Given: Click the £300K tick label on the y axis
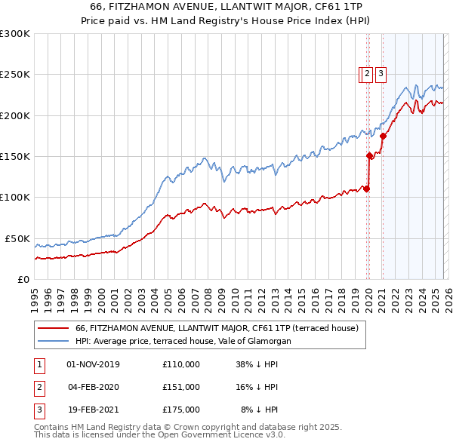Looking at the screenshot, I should coord(15,34).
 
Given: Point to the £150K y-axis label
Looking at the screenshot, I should coord(15,156).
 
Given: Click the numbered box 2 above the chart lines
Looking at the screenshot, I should coord(366,74).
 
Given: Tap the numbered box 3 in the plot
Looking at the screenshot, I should coord(380,74).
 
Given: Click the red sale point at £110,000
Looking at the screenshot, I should coord(367,189).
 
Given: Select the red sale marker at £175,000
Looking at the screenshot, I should coord(383,137).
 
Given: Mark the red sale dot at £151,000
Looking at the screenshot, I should coord(370,156).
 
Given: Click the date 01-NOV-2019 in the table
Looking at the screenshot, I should coord(93,364).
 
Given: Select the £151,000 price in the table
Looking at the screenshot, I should coord(181,387).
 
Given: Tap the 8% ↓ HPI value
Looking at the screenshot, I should coord(259,410).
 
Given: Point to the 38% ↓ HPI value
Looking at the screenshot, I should coord(257,364).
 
